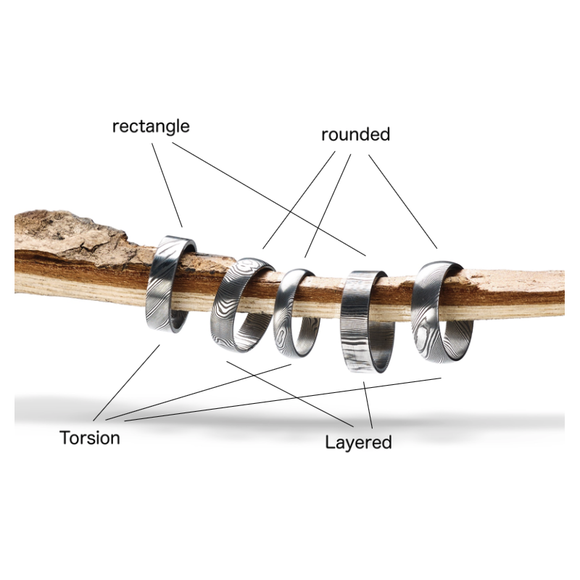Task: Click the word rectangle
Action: click(151, 126)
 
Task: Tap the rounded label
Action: click(355, 135)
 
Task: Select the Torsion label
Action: click(90, 438)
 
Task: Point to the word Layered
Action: click(358, 442)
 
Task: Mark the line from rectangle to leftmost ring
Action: click(167, 185)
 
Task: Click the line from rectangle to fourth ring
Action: click(268, 199)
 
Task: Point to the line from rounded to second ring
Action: click(299, 199)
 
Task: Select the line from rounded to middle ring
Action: click(328, 204)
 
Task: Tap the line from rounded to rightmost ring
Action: click(403, 202)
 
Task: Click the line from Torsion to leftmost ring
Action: click(127, 382)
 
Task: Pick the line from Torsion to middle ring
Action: click(203, 391)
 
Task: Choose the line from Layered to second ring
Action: click(290, 393)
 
